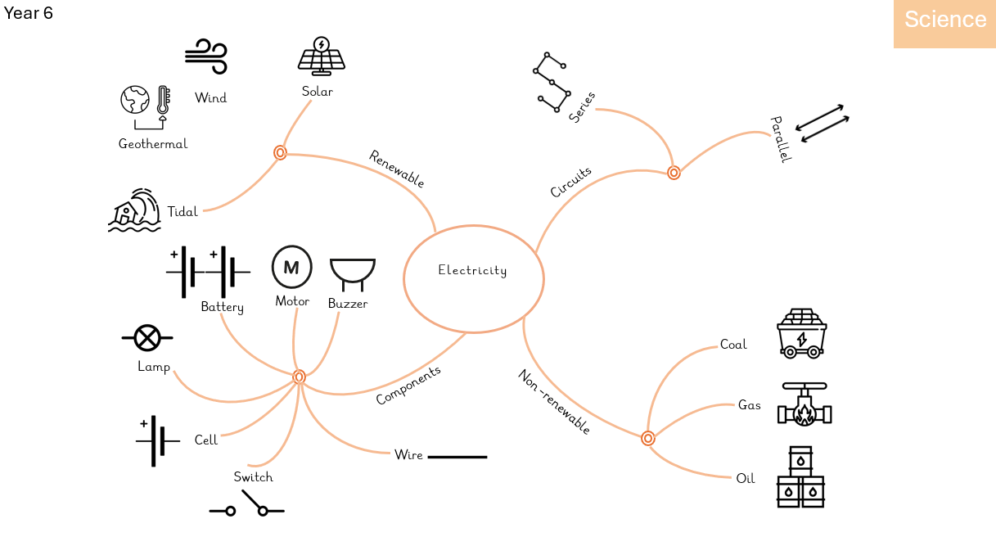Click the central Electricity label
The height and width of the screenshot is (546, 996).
coord(472,270)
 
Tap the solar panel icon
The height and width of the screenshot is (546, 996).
coord(322,55)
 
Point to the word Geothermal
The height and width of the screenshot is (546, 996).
coord(153,144)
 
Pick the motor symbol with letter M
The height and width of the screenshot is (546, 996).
coord(291,267)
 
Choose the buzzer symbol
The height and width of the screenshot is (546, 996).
coord(352,273)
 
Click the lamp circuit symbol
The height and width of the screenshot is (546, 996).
coord(147,336)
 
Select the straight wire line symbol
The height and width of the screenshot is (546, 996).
coord(457,456)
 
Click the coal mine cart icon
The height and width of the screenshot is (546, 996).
coord(801,333)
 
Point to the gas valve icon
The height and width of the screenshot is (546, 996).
coord(804,404)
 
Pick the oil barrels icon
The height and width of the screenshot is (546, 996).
coord(800,477)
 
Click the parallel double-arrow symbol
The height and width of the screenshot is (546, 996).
coord(822,124)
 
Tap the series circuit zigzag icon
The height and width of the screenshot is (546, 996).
coord(550,82)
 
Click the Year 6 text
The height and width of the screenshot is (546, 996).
coord(29,13)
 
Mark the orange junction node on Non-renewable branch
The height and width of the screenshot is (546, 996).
coord(648,438)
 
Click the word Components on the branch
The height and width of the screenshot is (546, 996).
coord(408,385)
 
